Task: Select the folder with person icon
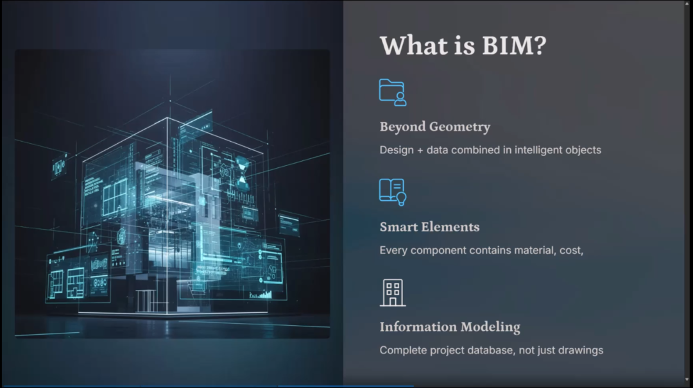point(393,92)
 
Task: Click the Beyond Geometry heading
point(435,127)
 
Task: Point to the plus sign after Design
point(420,150)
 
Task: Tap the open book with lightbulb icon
point(393,192)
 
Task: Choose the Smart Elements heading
point(429,226)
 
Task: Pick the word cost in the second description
point(572,251)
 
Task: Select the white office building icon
point(393,292)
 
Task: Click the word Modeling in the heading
point(490,327)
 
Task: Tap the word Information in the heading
point(418,326)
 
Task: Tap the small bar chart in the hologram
point(261,294)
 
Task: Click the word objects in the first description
point(583,150)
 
